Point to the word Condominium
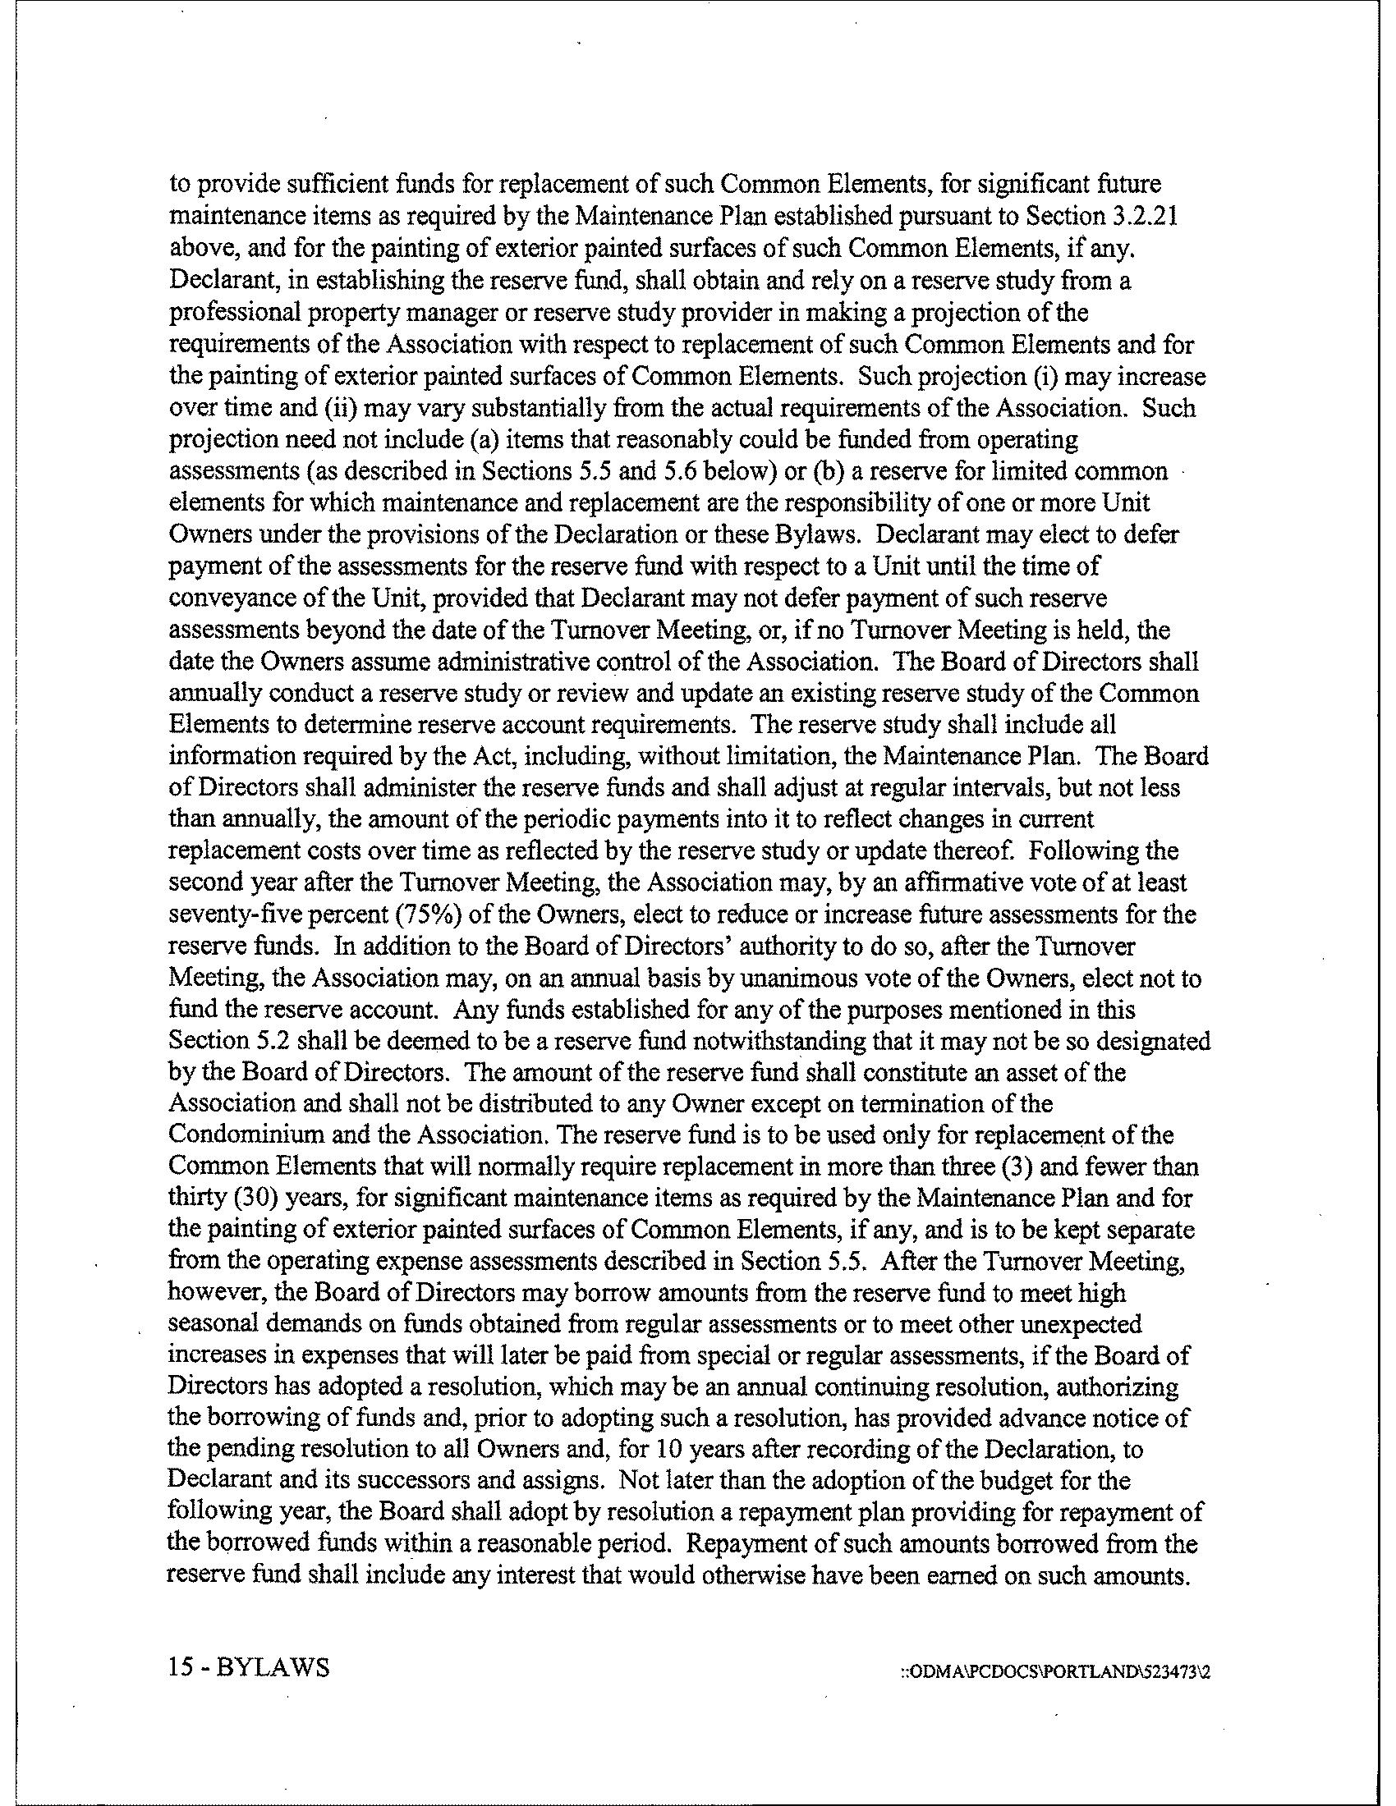click(x=241, y=1136)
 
